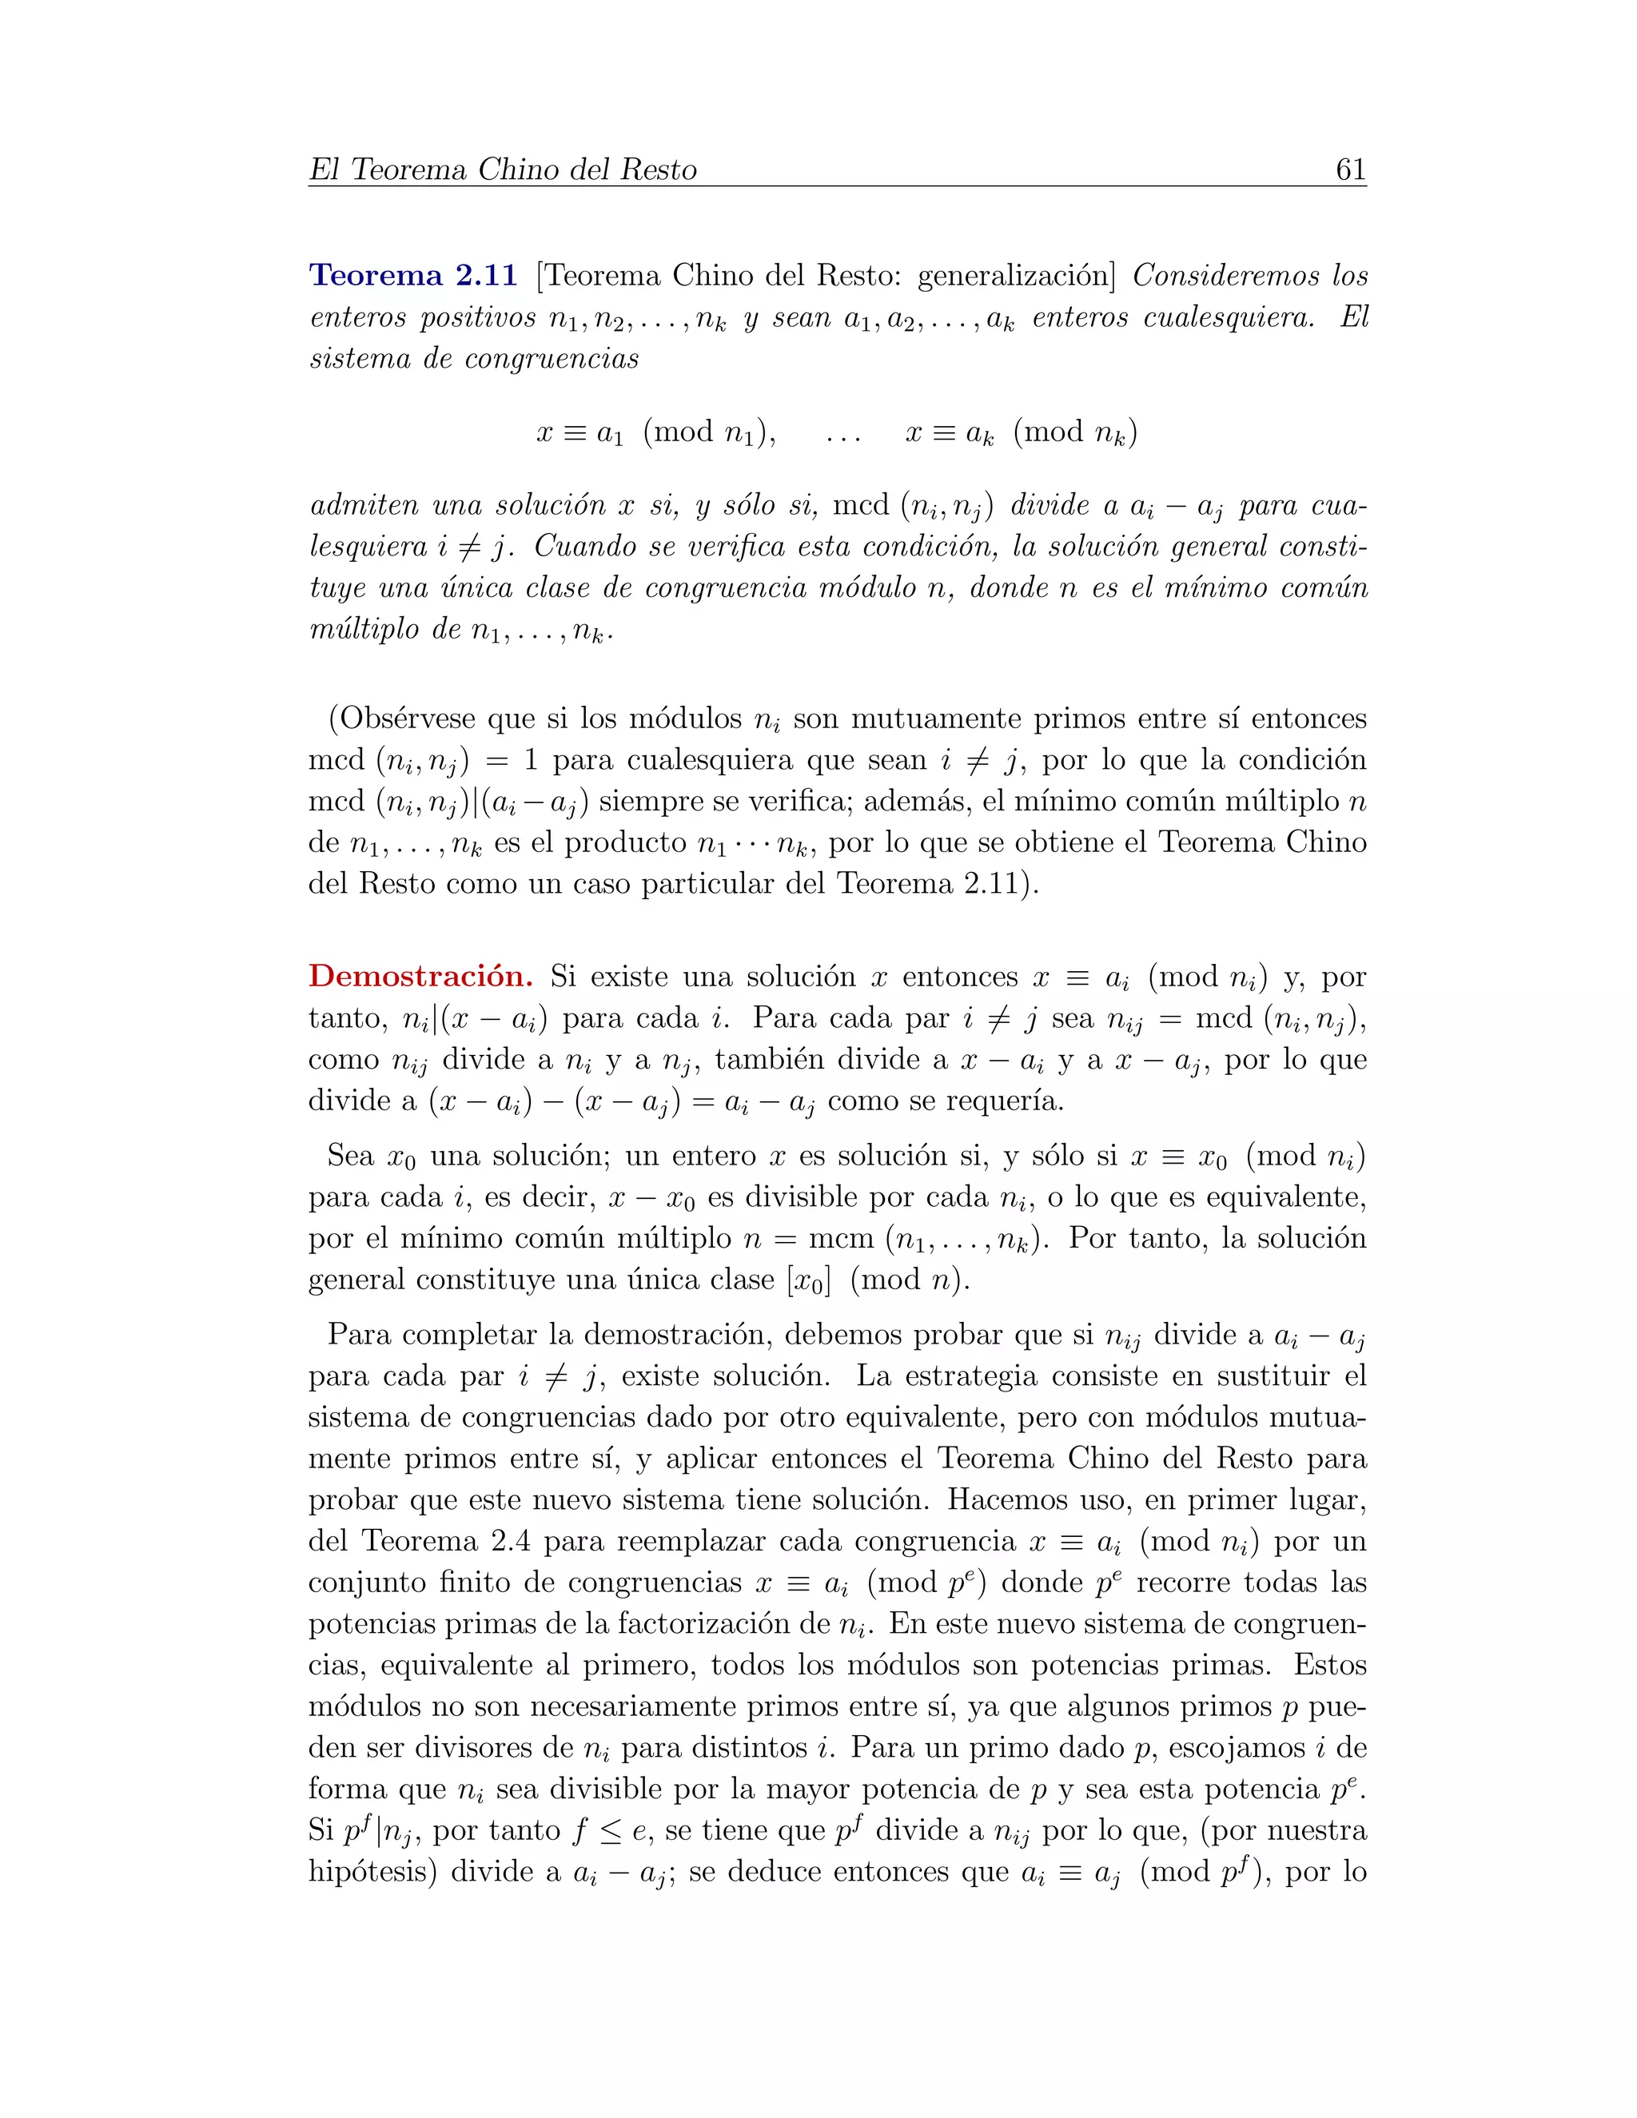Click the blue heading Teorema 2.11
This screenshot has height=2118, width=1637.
[x=413, y=276]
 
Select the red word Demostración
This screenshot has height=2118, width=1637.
[x=420, y=976]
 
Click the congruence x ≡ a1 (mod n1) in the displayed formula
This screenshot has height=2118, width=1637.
[x=655, y=432]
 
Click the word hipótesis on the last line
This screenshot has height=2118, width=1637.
[x=373, y=1872]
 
